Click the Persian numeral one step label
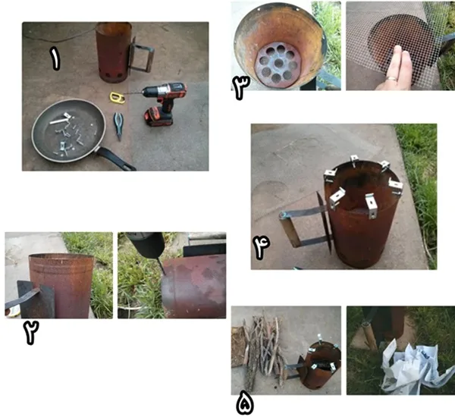click(55, 59)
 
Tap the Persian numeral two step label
click(31, 333)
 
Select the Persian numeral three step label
click(241, 88)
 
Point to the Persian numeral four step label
click(261, 247)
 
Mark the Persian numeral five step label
click(245, 405)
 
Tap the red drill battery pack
click(158, 117)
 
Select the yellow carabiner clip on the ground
click(118, 98)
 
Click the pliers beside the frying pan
click(118, 125)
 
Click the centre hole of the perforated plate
click(278, 63)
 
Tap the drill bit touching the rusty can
click(159, 266)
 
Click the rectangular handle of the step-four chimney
click(302, 227)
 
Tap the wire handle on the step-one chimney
click(142, 55)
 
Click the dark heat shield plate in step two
click(36, 299)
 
